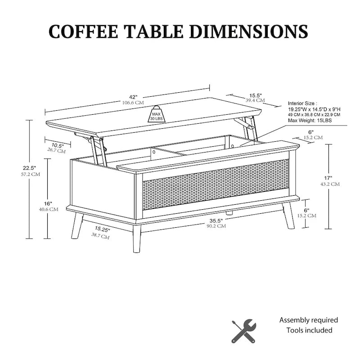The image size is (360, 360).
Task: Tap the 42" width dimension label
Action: pyautogui.click(x=133, y=97)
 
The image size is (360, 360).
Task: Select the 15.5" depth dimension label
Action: pyautogui.click(x=256, y=95)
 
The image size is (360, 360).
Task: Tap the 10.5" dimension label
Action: pyautogui.click(x=57, y=145)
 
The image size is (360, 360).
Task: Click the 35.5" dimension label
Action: pyautogui.click(x=216, y=220)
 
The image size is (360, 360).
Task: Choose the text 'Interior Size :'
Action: pyautogui.click(x=302, y=103)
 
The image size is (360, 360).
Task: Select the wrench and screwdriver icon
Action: pyautogui.click(x=243, y=331)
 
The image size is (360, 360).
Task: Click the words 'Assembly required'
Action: pyautogui.click(x=309, y=320)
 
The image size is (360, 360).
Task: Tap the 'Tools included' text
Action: pyautogui.click(x=310, y=330)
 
